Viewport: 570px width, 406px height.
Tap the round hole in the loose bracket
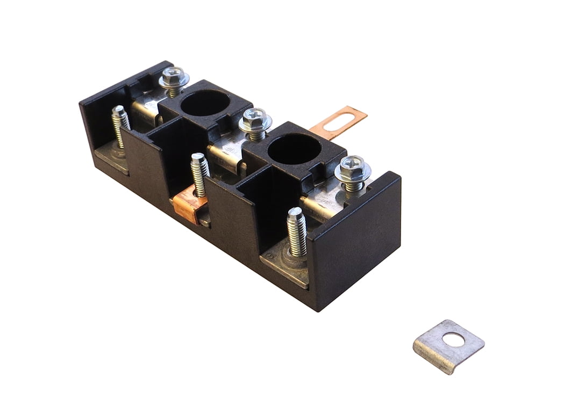click(453, 339)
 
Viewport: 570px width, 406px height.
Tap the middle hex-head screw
click(255, 120)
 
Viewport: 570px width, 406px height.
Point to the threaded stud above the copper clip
click(199, 173)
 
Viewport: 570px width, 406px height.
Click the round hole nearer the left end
click(204, 103)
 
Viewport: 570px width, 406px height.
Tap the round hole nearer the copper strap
click(294, 148)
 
